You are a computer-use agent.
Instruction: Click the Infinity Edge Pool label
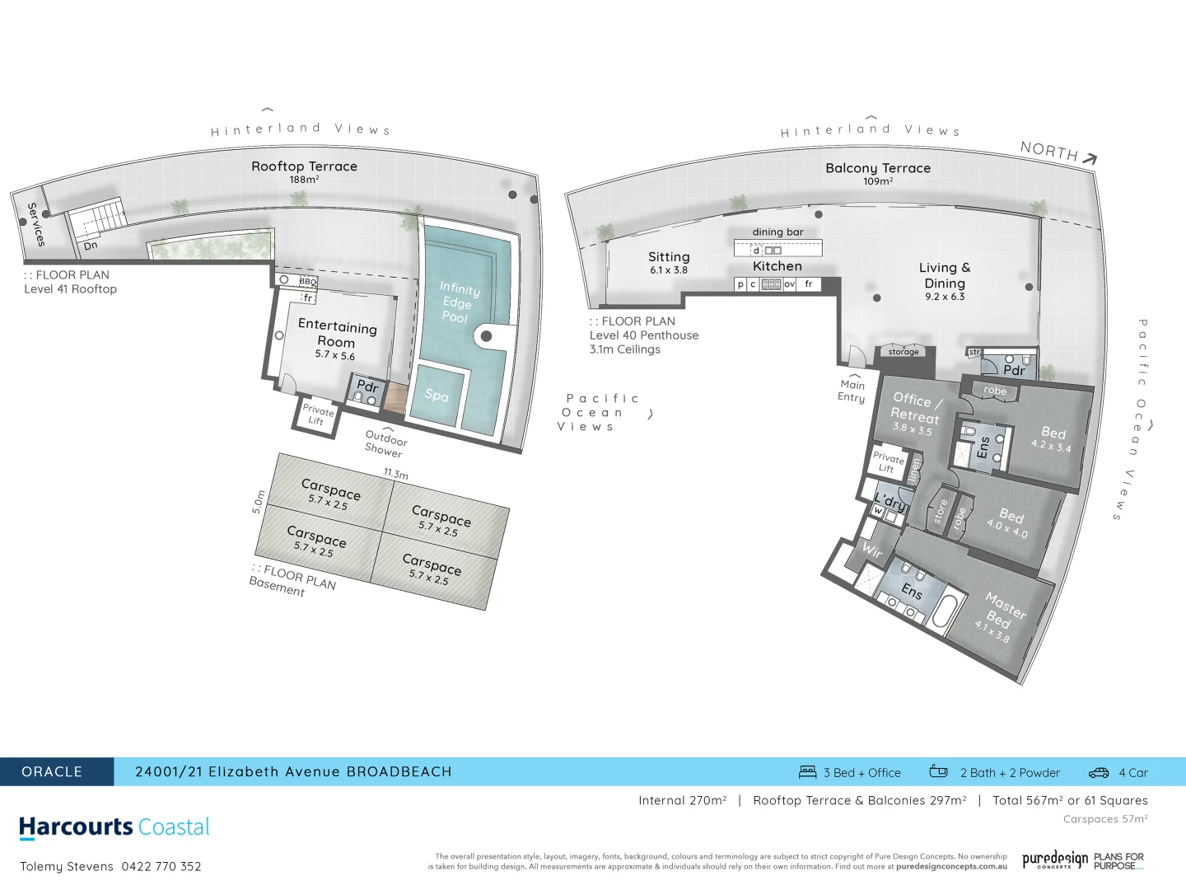(458, 302)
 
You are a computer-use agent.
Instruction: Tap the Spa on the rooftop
(437, 396)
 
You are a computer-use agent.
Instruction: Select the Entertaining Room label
(337, 333)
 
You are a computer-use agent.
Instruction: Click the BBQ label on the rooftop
(307, 282)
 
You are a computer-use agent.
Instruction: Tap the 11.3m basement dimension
(395, 474)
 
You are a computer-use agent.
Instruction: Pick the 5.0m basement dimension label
(259, 502)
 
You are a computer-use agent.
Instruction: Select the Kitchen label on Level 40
(777, 266)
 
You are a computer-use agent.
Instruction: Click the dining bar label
(777, 232)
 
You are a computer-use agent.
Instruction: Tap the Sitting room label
(668, 257)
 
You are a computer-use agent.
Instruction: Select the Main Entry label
(852, 391)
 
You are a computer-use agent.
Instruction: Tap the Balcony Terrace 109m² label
(877, 172)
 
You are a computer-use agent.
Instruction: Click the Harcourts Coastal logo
(114, 827)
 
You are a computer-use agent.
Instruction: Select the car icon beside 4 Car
(1099, 773)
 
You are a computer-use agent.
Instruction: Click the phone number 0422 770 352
(161, 866)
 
